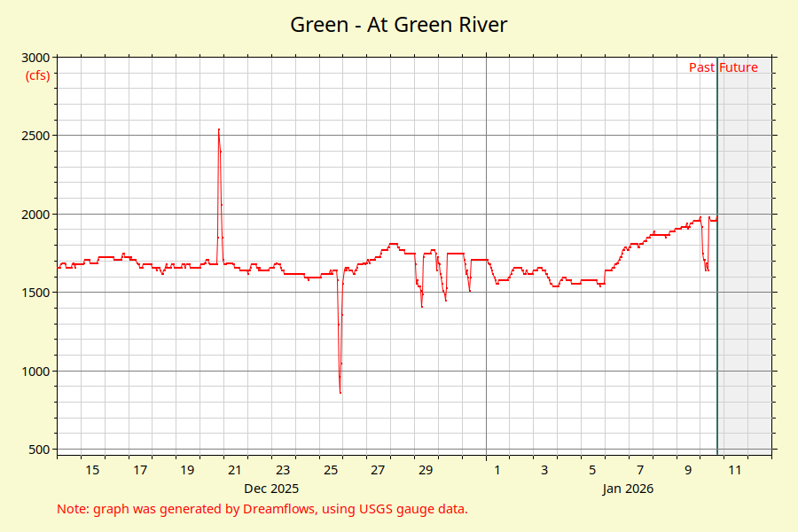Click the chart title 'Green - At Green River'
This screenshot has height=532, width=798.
click(x=399, y=24)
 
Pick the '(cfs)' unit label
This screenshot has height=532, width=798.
click(x=37, y=74)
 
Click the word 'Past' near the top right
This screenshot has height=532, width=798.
click(x=701, y=67)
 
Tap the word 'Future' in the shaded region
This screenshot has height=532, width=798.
click(x=739, y=67)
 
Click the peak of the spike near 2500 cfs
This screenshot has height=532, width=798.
click(x=218, y=130)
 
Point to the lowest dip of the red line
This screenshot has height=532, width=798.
click(x=340, y=391)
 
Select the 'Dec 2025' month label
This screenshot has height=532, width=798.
click(x=271, y=489)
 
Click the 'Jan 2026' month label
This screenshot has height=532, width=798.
click(x=628, y=489)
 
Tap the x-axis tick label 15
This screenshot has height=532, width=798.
click(x=92, y=470)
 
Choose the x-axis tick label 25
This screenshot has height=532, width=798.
click(x=331, y=470)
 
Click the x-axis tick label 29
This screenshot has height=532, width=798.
click(x=426, y=470)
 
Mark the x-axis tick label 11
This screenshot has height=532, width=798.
click(x=735, y=470)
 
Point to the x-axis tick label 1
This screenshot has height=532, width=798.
click(x=497, y=470)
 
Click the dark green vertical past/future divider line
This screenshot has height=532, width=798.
click(x=717, y=266)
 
